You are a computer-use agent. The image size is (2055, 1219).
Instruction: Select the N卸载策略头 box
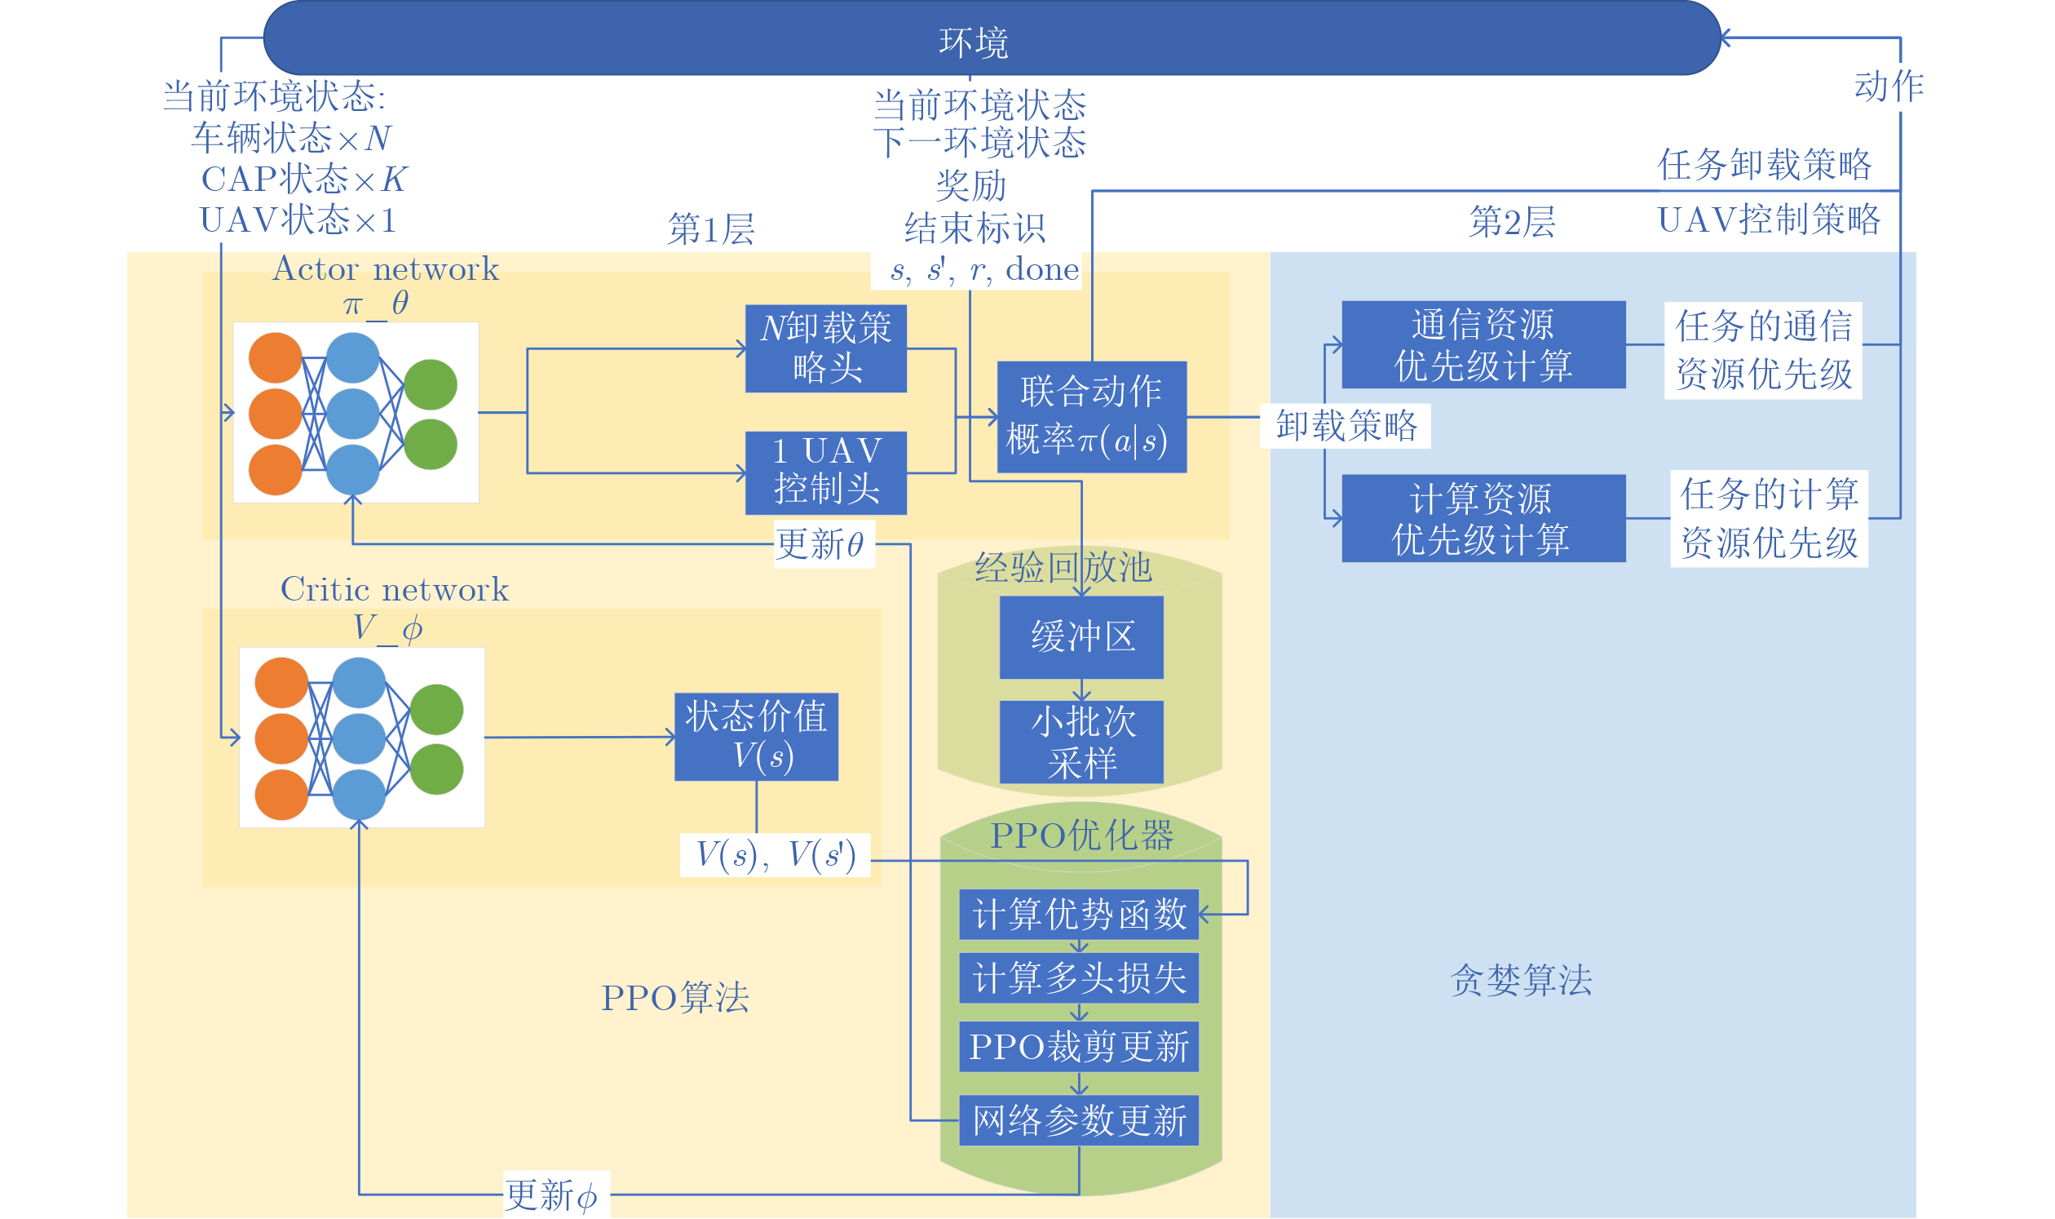[826, 348]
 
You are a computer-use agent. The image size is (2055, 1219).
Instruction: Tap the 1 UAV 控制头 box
[826, 472]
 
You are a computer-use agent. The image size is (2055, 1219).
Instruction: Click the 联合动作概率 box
[1091, 416]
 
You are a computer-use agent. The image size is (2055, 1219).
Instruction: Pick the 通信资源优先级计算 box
[1483, 344]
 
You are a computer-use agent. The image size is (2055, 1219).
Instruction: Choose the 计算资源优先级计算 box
[1483, 518]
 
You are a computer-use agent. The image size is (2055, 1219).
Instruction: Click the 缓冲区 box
[1081, 636]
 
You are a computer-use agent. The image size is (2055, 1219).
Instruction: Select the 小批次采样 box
[1081, 742]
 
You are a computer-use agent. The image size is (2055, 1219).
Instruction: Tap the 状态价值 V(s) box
[756, 736]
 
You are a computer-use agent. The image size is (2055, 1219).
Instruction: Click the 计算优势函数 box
[1079, 914]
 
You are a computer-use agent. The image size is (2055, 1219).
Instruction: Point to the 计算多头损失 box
[1079, 978]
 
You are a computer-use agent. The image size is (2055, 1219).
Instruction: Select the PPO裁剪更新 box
[1079, 1047]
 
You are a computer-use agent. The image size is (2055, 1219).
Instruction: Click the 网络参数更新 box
[1079, 1120]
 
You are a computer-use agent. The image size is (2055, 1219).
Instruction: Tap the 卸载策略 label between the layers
[1346, 425]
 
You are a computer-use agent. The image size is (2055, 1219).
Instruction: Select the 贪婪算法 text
[1521, 980]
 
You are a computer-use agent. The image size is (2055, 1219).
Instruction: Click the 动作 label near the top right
[1889, 86]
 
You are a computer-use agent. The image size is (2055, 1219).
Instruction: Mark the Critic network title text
[394, 590]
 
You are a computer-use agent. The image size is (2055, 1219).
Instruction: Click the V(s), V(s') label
[775, 855]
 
